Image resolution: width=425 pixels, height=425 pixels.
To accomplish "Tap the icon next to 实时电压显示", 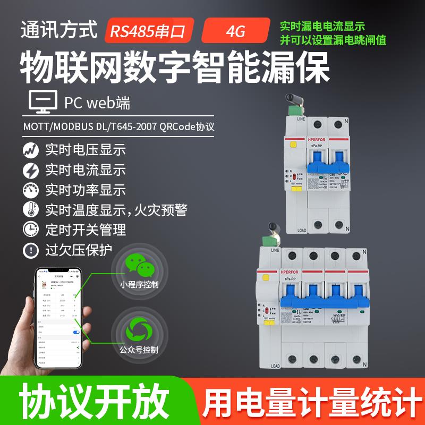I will [31, 150].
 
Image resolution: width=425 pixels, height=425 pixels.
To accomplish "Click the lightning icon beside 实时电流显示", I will [31, 170].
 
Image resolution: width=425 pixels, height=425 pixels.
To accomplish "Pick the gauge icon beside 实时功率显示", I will [31, 190].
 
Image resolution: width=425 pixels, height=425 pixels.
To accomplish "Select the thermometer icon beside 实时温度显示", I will [31, 209].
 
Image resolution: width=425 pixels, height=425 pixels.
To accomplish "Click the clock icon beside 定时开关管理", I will [31, 229].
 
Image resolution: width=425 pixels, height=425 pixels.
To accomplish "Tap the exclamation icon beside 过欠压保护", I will [31, 250].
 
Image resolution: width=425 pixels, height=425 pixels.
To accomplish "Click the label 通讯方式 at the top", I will [59, 30].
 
